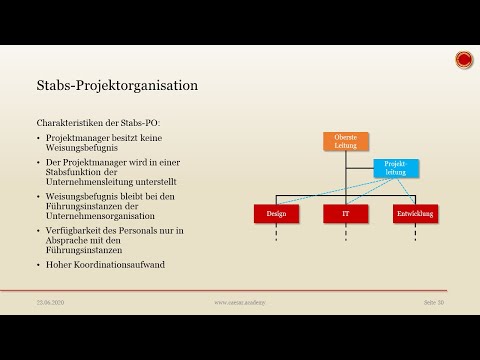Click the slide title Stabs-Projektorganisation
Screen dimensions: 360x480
point(116,85)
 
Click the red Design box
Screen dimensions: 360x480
point(277,213)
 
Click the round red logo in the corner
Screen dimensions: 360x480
point(463,61)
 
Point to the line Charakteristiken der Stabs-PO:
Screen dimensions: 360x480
point(91,122)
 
